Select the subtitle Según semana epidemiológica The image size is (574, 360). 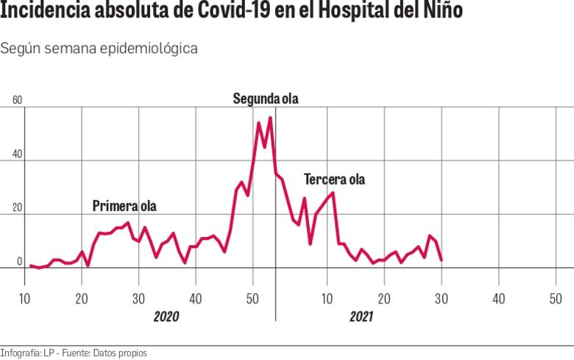point(99,49)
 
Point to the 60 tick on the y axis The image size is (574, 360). point(17,101)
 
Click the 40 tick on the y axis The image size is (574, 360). point(17,155)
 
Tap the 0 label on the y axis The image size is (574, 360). point(20,261)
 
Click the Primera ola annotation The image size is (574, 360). point(124,206)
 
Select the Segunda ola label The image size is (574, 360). point(266,99)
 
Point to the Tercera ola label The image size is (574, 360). point(334,179)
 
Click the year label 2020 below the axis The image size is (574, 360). point(166,317)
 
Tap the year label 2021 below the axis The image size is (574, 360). point(361,317)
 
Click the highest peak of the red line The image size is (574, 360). point(271,118)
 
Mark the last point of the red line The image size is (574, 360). point(441,260)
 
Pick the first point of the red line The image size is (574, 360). point(30,266)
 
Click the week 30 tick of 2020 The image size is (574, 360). point(138,298)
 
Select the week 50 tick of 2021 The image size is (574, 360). point(555,298)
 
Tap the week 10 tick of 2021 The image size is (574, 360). point(326,298)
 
